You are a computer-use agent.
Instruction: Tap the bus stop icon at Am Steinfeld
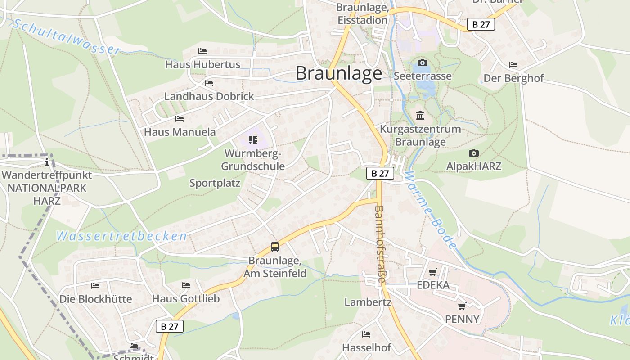(274, 247)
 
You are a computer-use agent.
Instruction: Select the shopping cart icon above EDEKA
(433, 272)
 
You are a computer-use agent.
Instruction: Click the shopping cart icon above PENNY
(462, 306)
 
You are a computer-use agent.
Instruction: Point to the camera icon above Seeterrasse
(422, 63)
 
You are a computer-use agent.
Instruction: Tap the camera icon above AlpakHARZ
(473, 153)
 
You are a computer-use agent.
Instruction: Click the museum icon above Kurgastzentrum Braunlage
(420, 116)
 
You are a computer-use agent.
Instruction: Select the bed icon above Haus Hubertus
(202, 51)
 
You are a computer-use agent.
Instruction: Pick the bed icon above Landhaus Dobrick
(208, 83)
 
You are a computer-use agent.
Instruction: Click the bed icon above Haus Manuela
(180, 119)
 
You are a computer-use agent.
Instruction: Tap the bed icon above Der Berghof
(513, 65)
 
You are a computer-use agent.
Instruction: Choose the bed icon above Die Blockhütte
(95, 285)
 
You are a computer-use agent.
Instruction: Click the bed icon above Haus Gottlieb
(185, 285)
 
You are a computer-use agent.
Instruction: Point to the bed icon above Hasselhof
(366, 334)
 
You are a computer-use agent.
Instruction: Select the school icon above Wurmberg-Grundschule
(253, 140)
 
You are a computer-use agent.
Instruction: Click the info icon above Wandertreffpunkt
(47, 162)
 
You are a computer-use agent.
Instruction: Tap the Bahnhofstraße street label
(380, 244)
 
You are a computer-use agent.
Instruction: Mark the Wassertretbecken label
(121, 236)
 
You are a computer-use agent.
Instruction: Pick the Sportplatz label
(215, 183)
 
